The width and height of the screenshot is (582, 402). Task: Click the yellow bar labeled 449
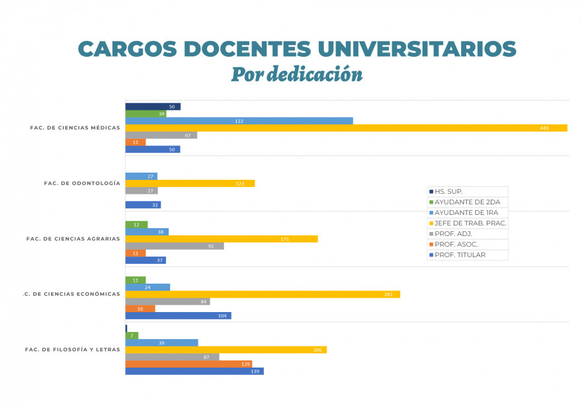point(346,128)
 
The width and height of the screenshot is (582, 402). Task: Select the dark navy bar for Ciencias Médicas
point(153,106)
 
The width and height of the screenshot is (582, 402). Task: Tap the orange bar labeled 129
point(188,364)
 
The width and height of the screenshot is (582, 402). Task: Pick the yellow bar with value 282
point(263,294)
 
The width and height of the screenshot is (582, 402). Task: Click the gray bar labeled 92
point(175,246)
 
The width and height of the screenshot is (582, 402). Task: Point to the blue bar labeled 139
point(194,371)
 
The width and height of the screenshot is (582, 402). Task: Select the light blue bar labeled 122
point(239,121)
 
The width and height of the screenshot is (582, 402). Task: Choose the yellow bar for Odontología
point(190,183)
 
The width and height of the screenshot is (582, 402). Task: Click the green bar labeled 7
point(132,335)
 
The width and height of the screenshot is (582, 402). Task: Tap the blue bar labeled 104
point(178,316)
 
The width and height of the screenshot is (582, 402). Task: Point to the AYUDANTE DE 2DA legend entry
point(466,202)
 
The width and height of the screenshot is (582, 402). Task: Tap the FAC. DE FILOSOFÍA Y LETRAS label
point(72,350)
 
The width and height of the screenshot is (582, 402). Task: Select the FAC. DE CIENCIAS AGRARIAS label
point(73,239)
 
